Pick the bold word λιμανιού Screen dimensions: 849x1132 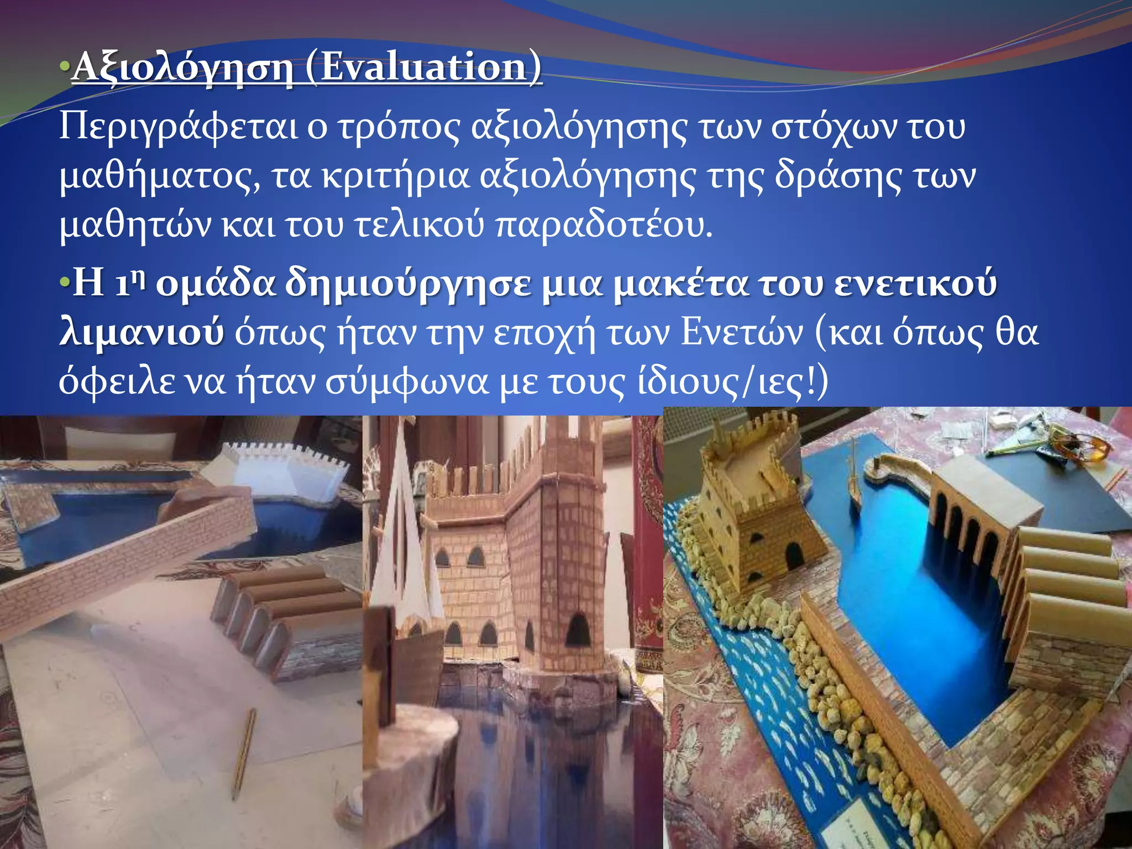(x=141, y=333)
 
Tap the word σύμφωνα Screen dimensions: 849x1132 (x=406, y=382)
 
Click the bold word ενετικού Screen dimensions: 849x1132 (x=915, y=282)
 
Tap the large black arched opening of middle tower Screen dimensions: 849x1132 (x=578, y=630)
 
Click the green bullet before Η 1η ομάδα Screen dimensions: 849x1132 (x=65, y=282)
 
